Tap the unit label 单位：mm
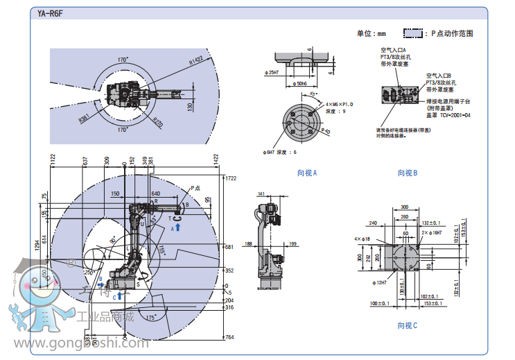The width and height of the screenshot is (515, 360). click(371, 33)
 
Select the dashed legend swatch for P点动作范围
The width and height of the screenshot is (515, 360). click(414, 33)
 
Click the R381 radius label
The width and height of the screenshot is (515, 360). click(83, 119)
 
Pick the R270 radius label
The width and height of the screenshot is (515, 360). click(157, 121)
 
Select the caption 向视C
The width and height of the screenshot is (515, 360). click(407, 325)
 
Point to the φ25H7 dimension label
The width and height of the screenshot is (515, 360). click(271, 72)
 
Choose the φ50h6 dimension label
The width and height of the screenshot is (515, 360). click(299, 83)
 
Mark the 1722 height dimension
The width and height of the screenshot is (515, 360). click(231, 178)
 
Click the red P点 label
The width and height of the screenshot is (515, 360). click(195, 187)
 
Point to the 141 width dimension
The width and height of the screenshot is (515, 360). click(261, 194)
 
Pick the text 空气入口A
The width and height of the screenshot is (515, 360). click(392, 50)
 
